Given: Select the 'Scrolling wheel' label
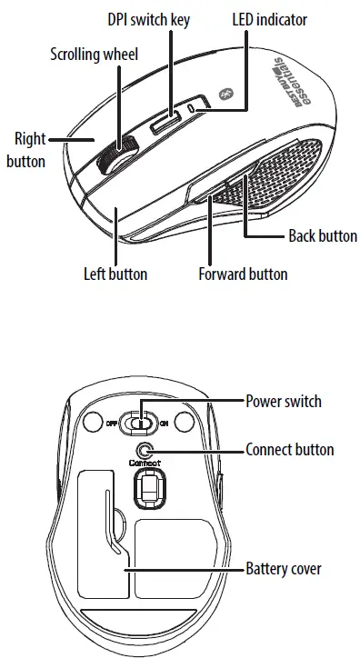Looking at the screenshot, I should [x=94, y=55].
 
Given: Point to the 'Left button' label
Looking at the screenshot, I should [x=115, y=273].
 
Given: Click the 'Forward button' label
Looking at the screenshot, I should [x=243, y=273].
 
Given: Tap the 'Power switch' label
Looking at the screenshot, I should [x=284, y=401].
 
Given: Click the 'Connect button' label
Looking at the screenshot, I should [x=290, y=449].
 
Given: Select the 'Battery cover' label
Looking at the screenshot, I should [x=284, y=570].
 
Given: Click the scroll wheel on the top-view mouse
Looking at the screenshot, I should [x=114, y=155].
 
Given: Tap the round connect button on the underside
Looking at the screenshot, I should [x=143, y=449].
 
